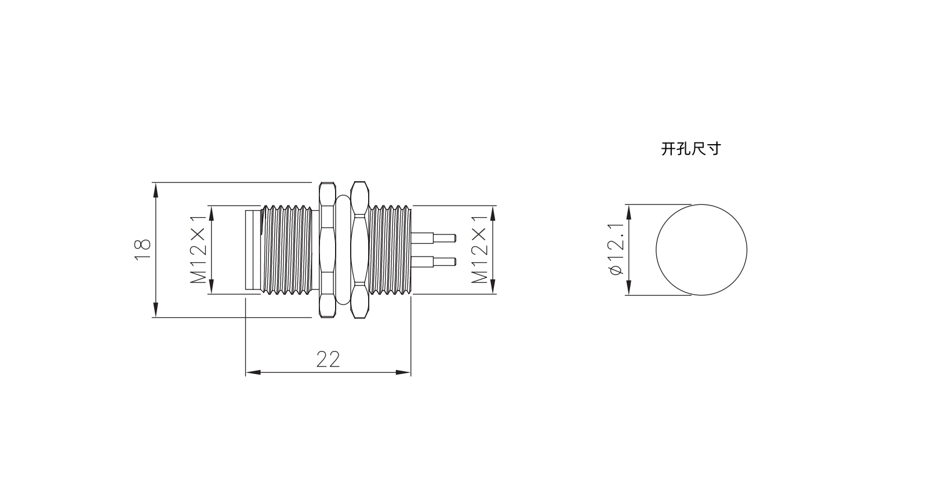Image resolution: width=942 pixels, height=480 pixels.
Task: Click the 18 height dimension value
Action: coord(143,250)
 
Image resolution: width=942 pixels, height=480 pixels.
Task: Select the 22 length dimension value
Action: coord(328,360)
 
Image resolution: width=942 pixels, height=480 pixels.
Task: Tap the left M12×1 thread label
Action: coord(198,250)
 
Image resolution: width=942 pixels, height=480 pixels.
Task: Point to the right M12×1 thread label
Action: coord(479,250)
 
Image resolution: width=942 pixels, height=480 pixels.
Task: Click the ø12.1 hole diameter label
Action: coord(616,250)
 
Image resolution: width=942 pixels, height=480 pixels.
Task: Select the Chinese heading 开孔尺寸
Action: coord(691,149)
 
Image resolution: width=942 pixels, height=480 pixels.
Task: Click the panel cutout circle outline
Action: coord(656,250)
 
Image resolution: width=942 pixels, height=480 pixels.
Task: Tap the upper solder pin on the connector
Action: coord(434,238)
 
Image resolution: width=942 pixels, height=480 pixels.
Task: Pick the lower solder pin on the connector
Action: coord(434,262)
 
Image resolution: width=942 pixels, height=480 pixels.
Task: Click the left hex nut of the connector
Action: coord(328,250)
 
